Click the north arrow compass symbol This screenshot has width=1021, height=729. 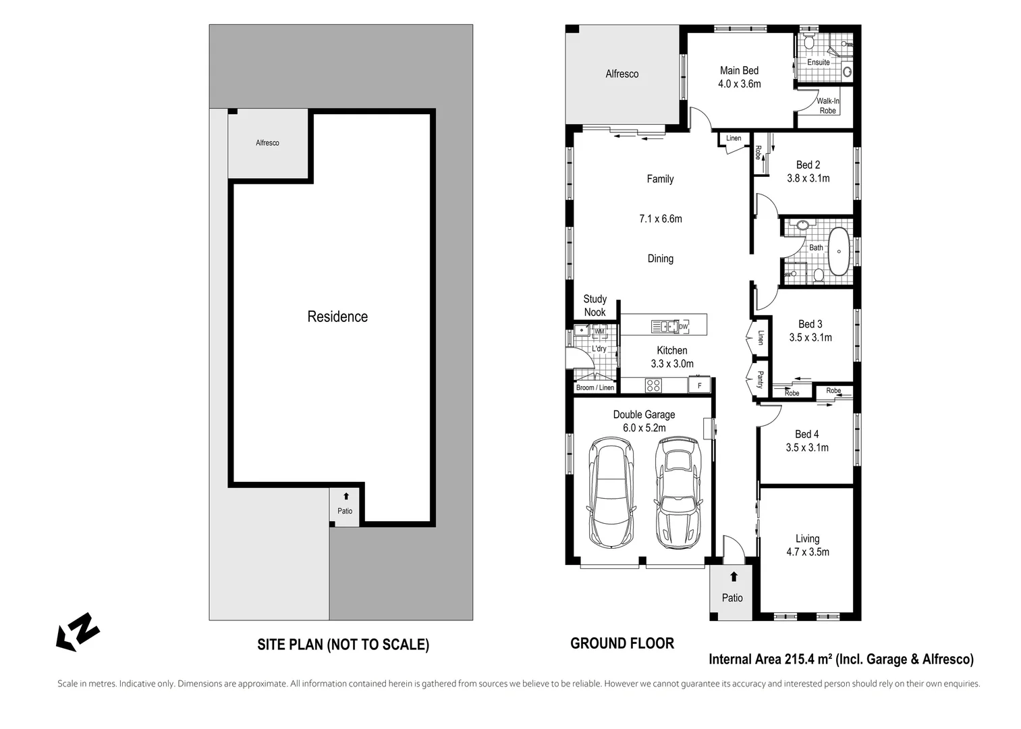point(78,632)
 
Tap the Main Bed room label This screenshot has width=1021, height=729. point(739,71)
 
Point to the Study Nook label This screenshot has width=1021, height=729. point(595,305)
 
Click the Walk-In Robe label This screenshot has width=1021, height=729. point(827,106)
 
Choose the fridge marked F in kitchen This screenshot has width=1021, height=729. point(699,385)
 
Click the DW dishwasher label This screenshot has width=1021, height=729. point(683,327)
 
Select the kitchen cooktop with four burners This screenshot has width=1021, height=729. point(653,385)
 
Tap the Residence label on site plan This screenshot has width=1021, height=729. point(337,317)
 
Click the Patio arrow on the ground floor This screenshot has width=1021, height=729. point(734,576)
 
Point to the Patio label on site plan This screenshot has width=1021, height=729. point(345,511)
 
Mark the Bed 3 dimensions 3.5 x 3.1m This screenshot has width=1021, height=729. point(810,337)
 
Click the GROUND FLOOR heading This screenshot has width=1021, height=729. point(622,643)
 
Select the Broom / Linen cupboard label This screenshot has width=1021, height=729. point(595,387)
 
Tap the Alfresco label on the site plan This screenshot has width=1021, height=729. point(267,143)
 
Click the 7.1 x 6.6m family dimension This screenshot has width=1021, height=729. point(660,219)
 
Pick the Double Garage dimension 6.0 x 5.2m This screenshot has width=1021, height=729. point(644,428)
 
